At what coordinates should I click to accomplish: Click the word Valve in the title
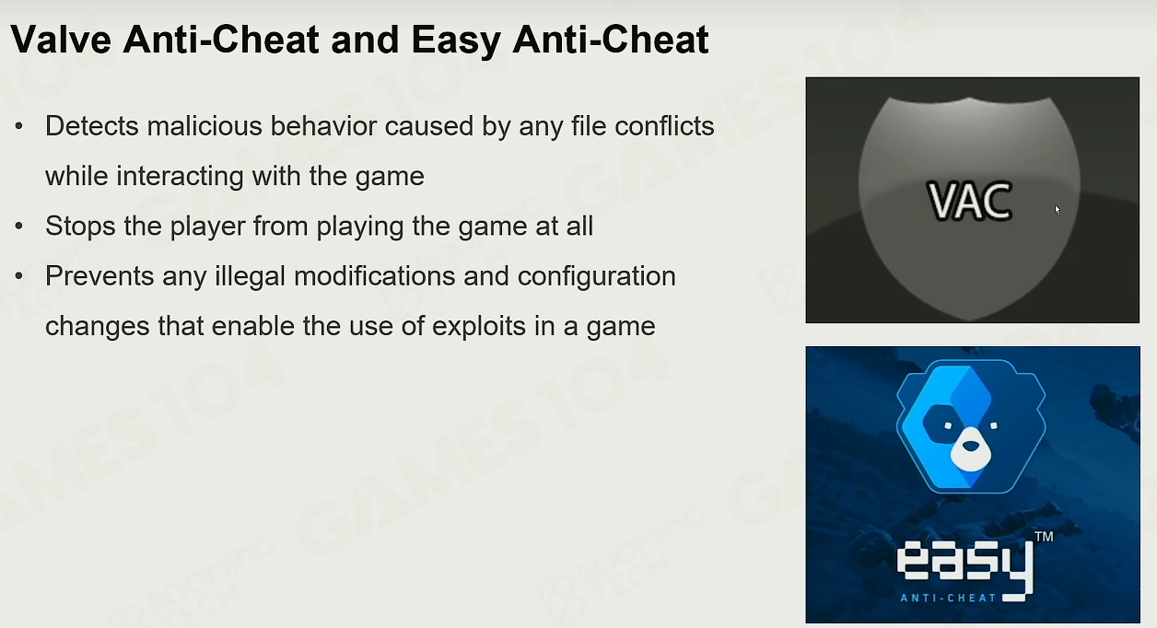[x=61, y=40]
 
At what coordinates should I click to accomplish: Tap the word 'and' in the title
[x=365, y=40]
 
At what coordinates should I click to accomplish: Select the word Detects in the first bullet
[x=92, y=126]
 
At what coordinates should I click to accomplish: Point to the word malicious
[x=205, y=126]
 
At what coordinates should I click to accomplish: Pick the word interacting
[x=180, y=176]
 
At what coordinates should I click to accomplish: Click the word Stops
[x=80, y=227]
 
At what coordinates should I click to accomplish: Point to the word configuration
[x=597, y=276]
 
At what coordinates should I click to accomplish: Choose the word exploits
[x=479, y=326]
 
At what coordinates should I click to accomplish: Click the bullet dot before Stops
[x=19, y=226]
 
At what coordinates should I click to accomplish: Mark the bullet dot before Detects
[x=19, y=125]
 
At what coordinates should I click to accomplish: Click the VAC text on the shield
[x=970, y=201]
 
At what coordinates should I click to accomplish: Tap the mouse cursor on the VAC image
[x=1058, y=210]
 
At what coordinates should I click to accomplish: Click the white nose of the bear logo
[x=971, y=448]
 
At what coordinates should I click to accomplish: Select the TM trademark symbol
[x=1044, y=537]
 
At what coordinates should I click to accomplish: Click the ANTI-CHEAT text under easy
[x=948, y=598]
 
